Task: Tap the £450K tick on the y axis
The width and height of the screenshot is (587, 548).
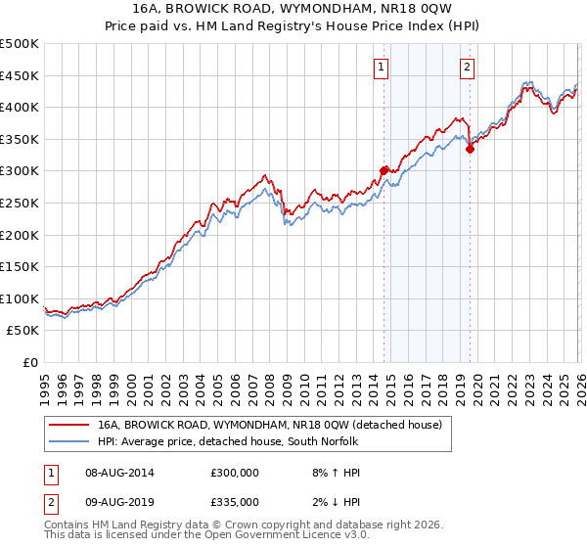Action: (x=20, y=75)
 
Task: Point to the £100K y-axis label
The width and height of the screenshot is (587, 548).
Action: (x=20, y=298)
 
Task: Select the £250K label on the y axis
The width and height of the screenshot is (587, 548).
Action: (x=20, y=203)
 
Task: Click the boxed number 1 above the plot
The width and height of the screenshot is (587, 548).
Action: (x=381, y=68)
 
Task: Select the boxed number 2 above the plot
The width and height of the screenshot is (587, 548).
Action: (x=467, y=68)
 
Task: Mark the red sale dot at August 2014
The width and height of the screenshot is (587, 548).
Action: (x=384, y=170)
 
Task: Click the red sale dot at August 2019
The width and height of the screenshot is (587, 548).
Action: (x=470, y=149)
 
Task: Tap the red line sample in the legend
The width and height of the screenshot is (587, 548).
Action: (x=69, y=425)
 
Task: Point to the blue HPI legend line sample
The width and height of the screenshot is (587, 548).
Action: (x=69, y=441)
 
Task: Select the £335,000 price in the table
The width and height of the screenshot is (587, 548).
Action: (x=234, y=501)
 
